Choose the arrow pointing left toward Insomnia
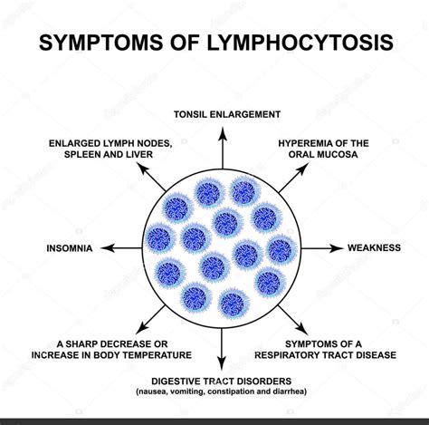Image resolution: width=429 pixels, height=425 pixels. coord(117,246)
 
